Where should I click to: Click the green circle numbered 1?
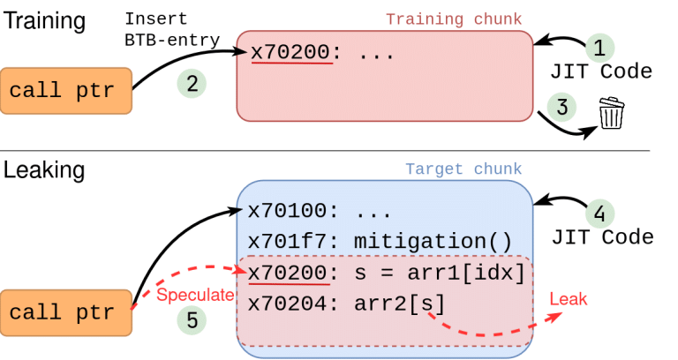point(599,48)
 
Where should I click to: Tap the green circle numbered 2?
point(192,84)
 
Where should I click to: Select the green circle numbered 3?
point(561,107)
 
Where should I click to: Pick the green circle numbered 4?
point(599,213)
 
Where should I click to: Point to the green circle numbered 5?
point(192,320)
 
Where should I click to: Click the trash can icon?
point(612,113)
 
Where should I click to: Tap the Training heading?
point(44,21)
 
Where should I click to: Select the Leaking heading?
point(43,169)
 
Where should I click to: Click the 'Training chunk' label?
point(454,19)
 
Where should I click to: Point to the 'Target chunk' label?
point(463,169)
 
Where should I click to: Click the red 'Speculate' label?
point(195,295)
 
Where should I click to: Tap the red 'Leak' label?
point(569,298)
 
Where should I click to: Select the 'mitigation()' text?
point(433,241)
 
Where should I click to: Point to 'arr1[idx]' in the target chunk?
point(466,273)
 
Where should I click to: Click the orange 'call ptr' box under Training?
point(66,91)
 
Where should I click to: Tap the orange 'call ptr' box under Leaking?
point(66,312)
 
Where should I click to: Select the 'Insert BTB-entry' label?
point(172,29)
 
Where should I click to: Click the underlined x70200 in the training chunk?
point(290,52)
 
